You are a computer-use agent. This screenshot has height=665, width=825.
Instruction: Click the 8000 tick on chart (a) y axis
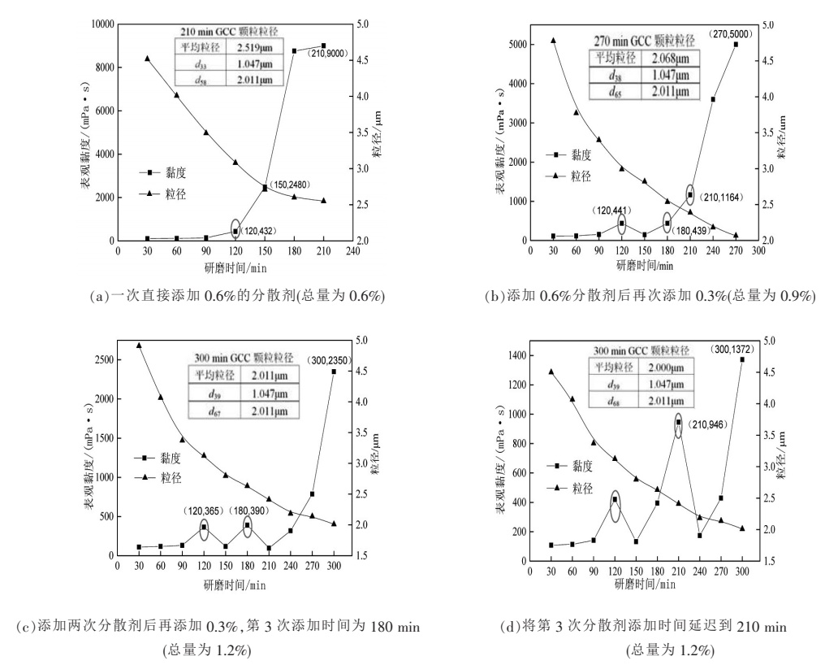102,67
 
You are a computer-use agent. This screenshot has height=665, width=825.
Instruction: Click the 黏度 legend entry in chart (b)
577,154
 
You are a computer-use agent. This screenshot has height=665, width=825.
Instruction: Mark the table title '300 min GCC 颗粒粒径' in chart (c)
243,357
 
